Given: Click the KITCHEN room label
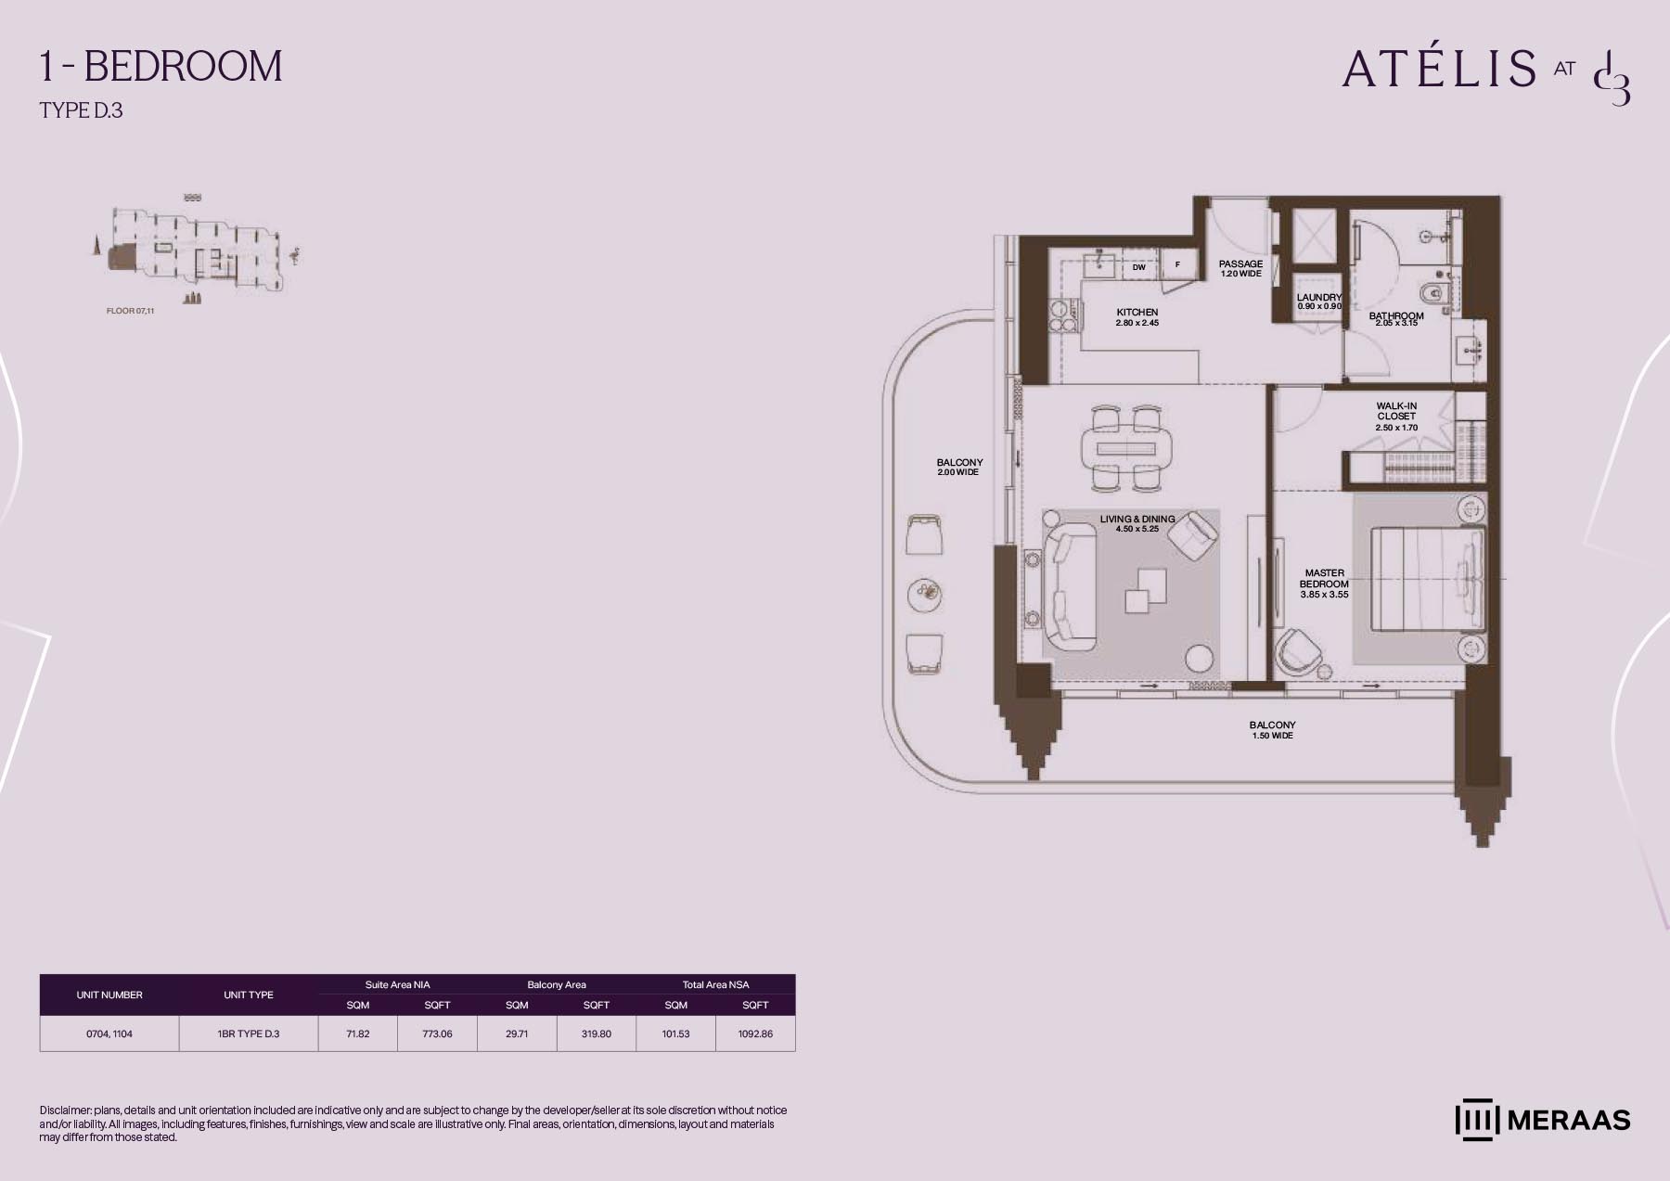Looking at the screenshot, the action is pos(1137,313).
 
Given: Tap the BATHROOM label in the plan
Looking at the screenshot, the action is pos(1396,316).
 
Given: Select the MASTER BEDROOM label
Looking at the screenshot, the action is pos(1324,579).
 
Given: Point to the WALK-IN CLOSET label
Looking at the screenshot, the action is pos(1396,411).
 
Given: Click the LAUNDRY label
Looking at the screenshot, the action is pos(1319,298).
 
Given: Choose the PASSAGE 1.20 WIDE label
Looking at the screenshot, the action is pos(1240,269).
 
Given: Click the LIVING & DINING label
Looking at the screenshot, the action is pos(1137,520).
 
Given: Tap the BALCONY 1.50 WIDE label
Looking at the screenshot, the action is pos(1272,730).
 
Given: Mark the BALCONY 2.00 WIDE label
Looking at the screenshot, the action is pos(959,467).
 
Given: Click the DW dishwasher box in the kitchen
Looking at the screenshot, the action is pos(1139,267).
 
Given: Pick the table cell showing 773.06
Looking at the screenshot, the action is pos(437,1033).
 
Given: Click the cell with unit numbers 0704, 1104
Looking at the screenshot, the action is pos(109,1033).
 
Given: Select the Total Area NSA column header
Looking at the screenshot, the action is pos(715,984).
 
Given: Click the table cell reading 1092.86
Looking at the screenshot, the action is pos(755,1033).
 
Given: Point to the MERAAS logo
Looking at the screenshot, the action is pos(1542,1120).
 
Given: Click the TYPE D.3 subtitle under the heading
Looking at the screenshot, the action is pos(82,110).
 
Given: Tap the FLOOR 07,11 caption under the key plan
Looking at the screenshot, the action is pos(130,311).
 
